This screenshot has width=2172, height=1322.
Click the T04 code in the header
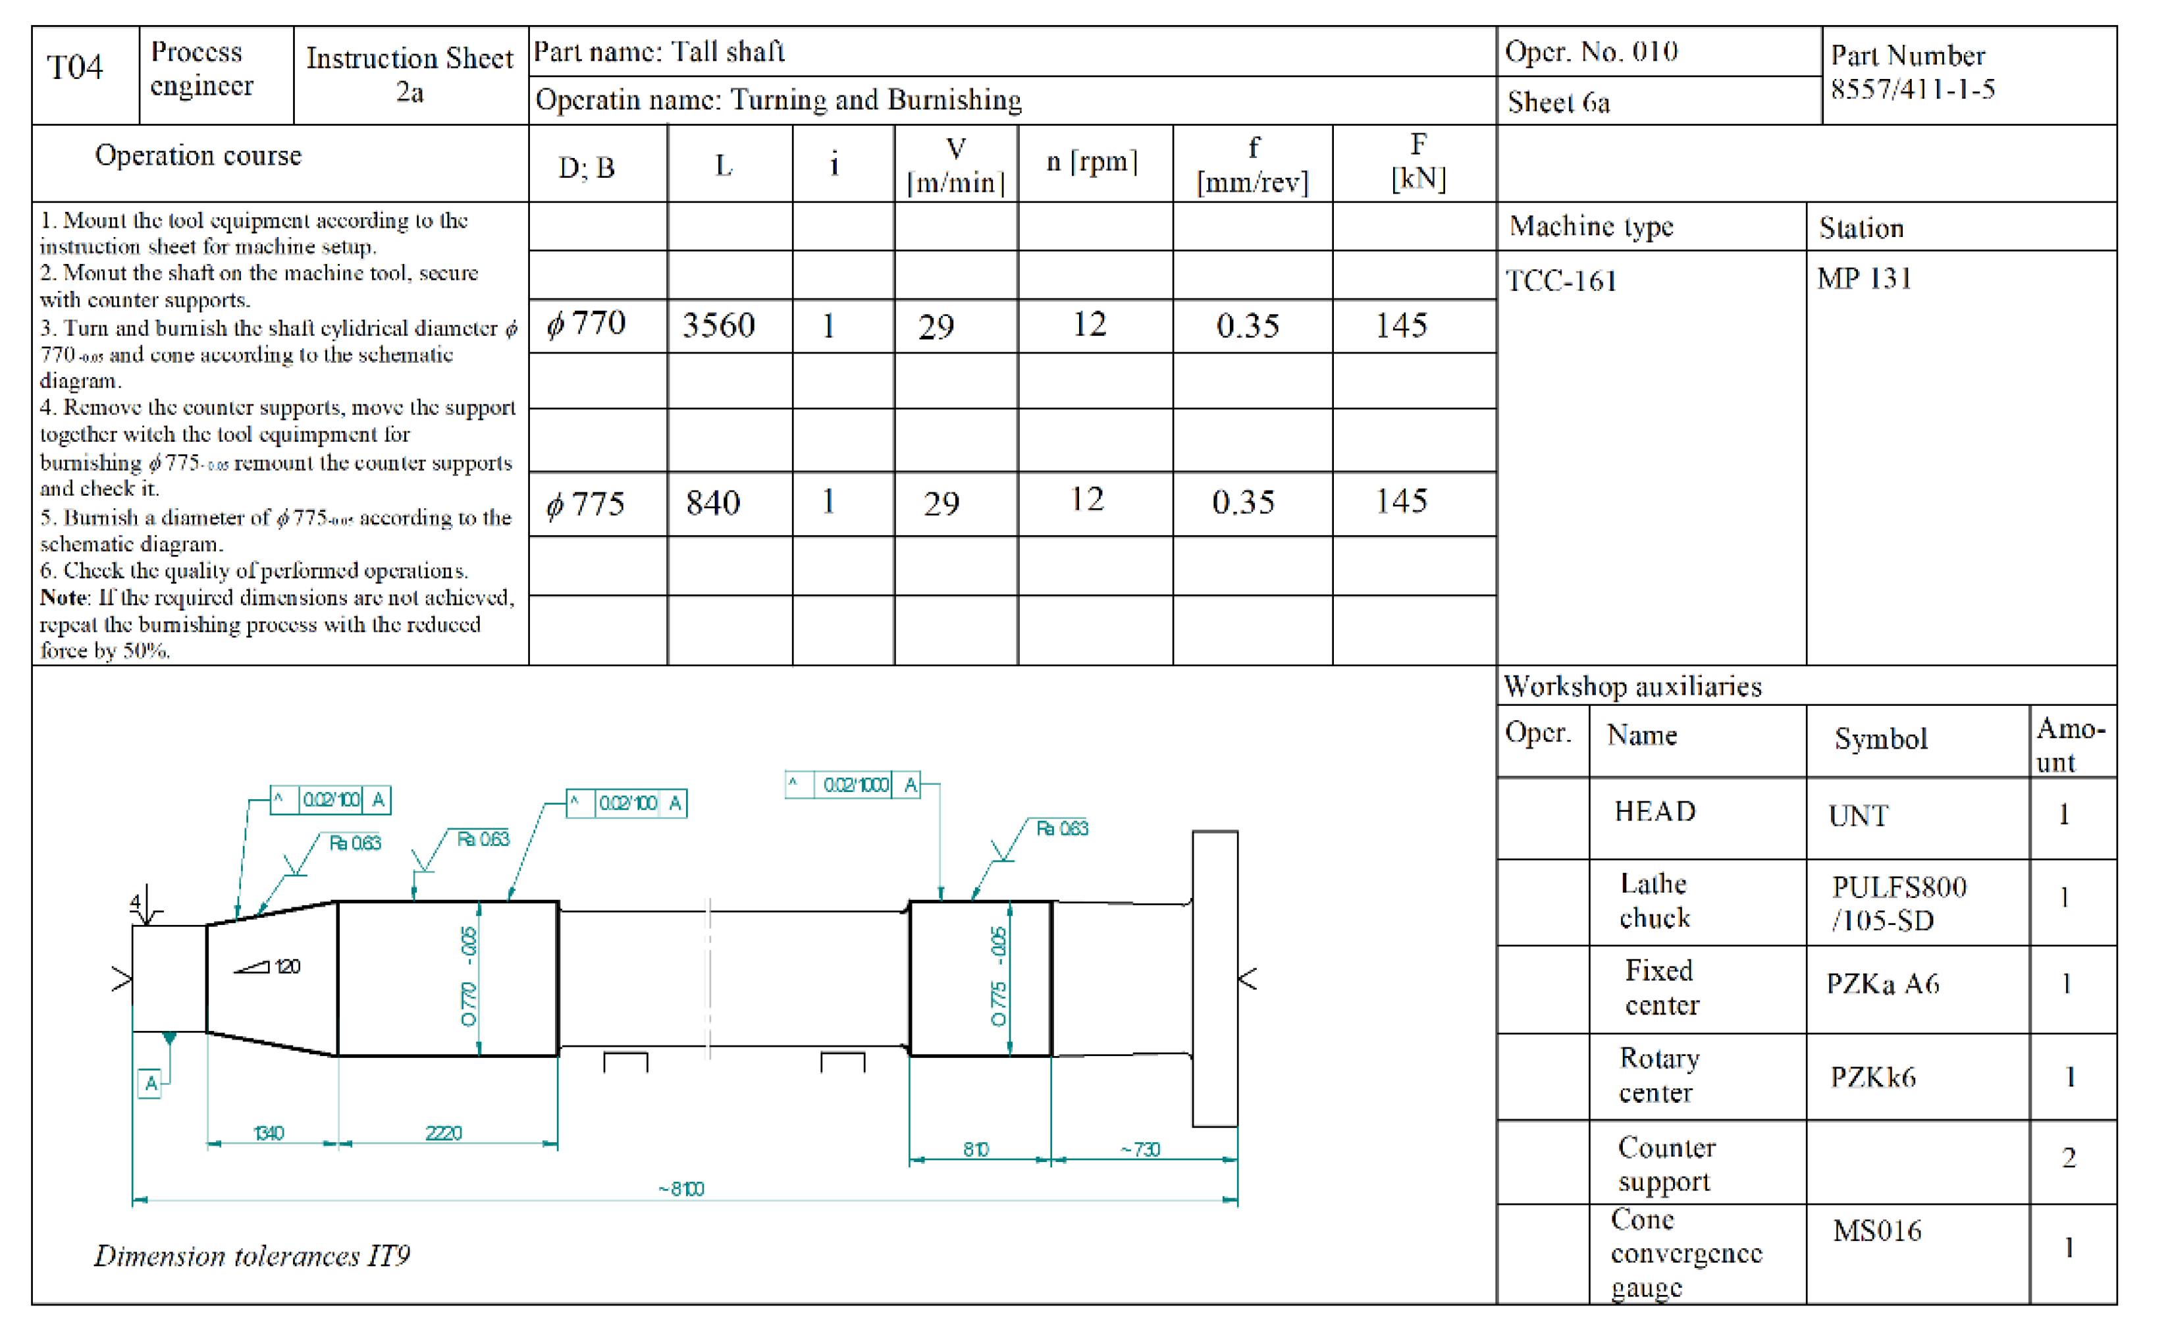pyautogui.click(x=75, y=67)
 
